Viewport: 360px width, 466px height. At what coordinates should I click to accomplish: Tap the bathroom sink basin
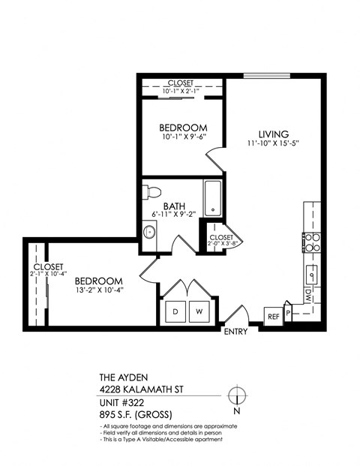(x=149, y=232)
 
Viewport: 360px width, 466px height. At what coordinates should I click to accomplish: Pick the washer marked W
(x=199, y=311)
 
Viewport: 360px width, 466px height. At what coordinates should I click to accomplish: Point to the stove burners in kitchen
(x=311, y=242)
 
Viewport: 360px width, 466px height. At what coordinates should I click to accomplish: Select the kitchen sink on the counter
(x=311, y=271)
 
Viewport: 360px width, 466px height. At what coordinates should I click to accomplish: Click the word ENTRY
(x=235, y=332)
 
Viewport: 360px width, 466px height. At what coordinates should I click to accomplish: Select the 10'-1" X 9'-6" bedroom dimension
(x=182, y=137)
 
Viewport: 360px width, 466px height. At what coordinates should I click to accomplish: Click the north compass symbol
(x=237, y=395)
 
